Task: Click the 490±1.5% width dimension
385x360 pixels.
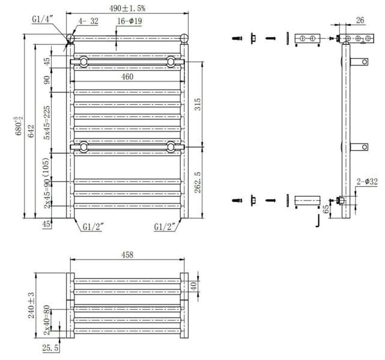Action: coord(127,8)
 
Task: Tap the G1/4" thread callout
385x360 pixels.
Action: coord(43,19)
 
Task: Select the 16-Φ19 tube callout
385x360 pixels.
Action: coord(130,21)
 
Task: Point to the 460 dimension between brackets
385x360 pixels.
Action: coord(127,77)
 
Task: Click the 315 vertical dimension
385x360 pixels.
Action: coord(198,104)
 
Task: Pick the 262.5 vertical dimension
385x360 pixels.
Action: coord(198,182)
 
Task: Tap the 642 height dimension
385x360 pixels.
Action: coord(31,131)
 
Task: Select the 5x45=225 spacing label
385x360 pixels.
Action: coord(46,122)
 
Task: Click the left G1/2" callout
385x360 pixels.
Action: coord(92,227)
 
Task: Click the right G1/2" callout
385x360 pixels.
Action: coord(164,227)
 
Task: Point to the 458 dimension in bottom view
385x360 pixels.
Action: coord(127,255)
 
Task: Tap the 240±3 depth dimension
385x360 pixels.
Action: coord(31,305)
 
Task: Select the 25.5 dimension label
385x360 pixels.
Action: coord(50,348)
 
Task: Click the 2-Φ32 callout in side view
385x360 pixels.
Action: coord(367,182)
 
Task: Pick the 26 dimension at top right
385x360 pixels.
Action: coord(360,20)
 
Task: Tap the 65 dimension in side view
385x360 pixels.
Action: coord(326,209)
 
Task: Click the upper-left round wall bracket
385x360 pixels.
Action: coord(83,61)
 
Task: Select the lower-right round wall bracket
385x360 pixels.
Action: coord(171,147)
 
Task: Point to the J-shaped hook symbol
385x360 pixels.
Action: coord(318,220)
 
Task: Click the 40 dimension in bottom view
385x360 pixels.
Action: coord(193,286)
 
